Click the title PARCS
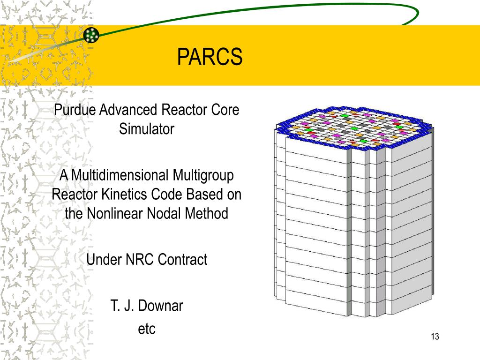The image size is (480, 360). (210, 57)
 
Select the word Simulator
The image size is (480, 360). (146, 129)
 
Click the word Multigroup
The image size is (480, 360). (203, 176)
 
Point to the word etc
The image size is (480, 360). (146, 329)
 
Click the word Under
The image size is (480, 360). (104, 259)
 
